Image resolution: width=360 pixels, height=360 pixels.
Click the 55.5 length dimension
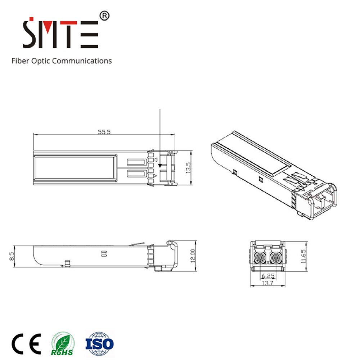click(104, 131)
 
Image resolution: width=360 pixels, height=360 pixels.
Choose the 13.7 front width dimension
click(267, 284)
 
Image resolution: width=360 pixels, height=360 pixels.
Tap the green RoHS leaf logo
click(63, 343)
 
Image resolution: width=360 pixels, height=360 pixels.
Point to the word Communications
click(82, 60)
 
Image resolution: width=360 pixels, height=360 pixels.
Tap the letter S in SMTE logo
click(30, 34)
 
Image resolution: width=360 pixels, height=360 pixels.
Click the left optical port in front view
click(259, 257)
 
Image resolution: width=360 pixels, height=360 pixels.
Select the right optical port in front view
click(276, 257)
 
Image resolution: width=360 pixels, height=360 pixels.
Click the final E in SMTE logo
click(90, 35)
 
